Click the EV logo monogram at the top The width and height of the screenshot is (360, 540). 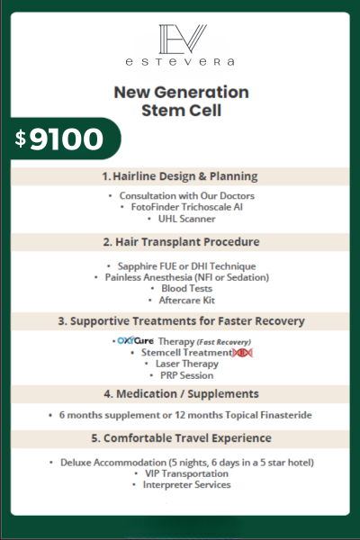tap(182, 39)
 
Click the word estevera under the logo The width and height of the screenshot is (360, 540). tap(180, 62)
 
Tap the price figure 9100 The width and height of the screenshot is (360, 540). tap(67, 139)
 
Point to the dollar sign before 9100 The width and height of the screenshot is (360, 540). tap(21, 139)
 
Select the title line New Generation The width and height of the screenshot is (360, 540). tap(181, 93)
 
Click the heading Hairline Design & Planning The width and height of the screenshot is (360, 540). tap(185, 176)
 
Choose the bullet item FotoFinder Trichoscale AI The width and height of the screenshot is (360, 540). tap(186, 207)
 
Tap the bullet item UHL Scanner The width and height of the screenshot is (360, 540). tap(186, 219)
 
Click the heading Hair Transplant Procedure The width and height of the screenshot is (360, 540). tap(187, 242)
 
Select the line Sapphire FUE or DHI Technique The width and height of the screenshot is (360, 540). tap(186, 266)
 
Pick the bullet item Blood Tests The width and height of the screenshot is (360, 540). tap(186, 288)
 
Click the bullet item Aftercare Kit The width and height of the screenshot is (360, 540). tap(186, 300)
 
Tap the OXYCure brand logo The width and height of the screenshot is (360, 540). tap(135, 340)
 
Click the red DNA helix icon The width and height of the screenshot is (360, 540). tap(242, 353)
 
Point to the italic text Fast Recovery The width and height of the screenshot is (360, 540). tap(223, 342)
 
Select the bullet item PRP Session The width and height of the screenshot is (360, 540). tap(186, 375)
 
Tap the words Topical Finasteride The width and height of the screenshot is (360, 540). tap(268, 415)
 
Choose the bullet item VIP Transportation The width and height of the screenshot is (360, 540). tap(186, 473)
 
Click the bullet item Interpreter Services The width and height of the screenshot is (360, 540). tap(186, 485)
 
